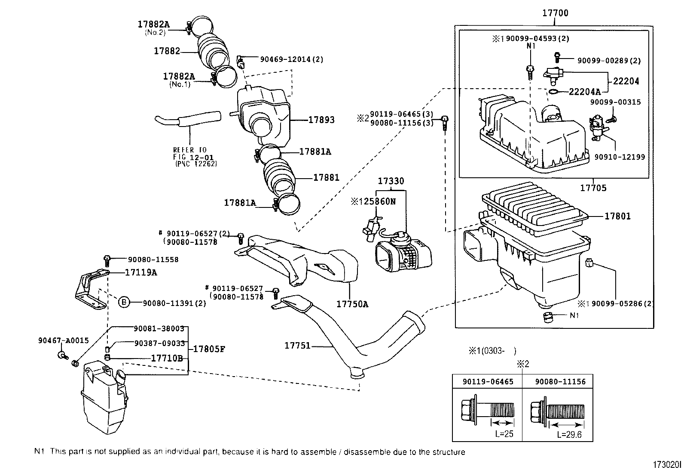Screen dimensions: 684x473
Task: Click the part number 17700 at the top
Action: coord(555,13)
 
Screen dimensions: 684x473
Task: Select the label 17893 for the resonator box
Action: coord(321,120)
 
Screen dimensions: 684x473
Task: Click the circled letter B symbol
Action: coord(124,303)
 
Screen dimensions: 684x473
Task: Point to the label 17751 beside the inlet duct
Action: coord(297,346)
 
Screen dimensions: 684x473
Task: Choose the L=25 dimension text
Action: coord(504,433)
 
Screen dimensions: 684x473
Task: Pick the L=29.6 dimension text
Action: coord(569,434)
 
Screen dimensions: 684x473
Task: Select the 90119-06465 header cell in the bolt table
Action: coord(488,381)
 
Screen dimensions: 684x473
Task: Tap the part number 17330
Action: coord(391,181)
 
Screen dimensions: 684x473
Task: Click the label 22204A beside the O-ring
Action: coord(585,92)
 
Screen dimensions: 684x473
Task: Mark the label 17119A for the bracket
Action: coord(141,272)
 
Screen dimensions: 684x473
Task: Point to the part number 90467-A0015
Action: coord(64,340)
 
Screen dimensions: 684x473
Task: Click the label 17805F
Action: coord(209,349)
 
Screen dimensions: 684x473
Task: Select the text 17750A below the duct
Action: coord(352,304)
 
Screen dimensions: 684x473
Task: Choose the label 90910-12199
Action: coord(620,157)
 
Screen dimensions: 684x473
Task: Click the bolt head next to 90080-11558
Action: coord(107,258)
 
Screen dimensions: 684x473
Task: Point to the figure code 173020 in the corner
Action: coord(667,465)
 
